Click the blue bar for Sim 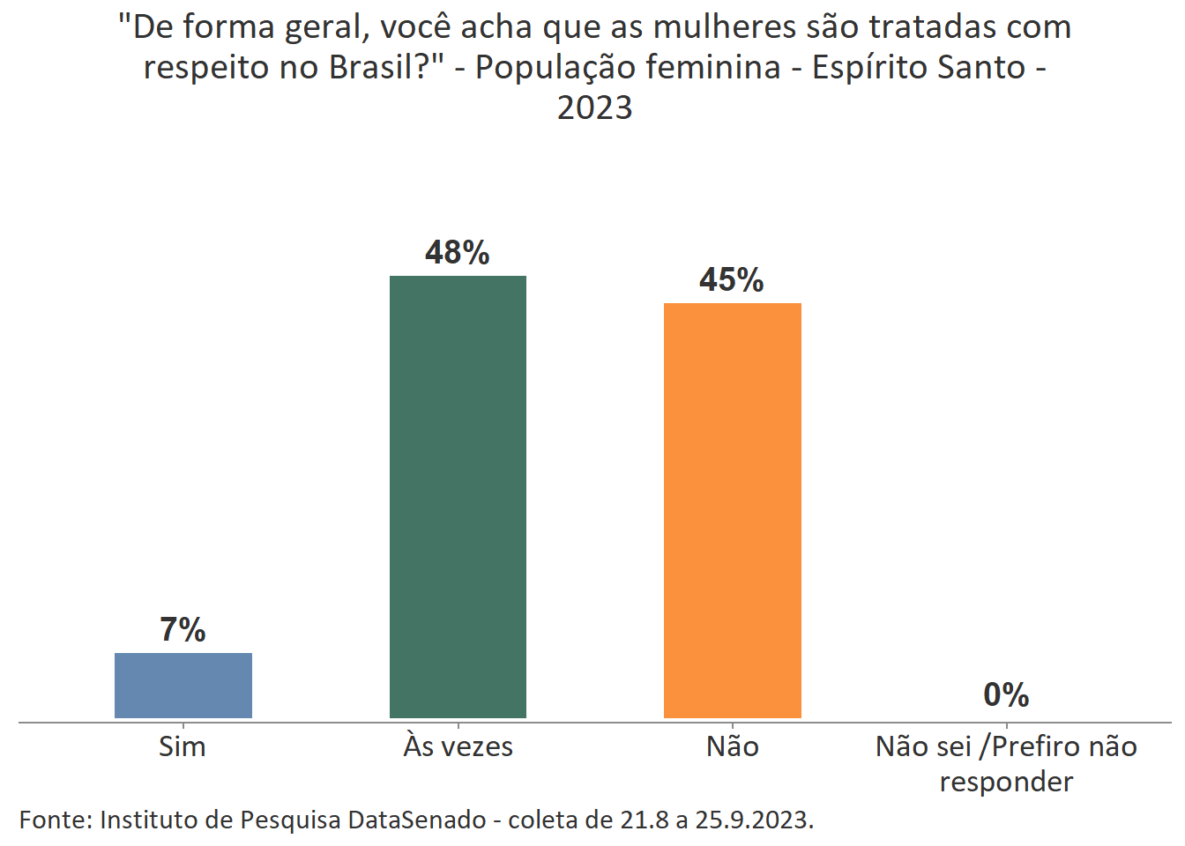coord(183,685)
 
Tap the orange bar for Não coord(732,510)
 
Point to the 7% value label coord(183,630)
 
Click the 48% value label coord(457,253)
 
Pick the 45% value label coord(731,280)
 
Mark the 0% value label coord(1006,695)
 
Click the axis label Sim coord(183,746)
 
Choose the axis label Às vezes coord(458,746)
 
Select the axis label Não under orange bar coord(732,746)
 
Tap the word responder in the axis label coord(1006,782)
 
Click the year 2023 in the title coord(594,108)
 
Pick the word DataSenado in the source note coord(416,820)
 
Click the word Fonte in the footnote coord(55,820)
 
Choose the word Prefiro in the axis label coord(1040,746)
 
